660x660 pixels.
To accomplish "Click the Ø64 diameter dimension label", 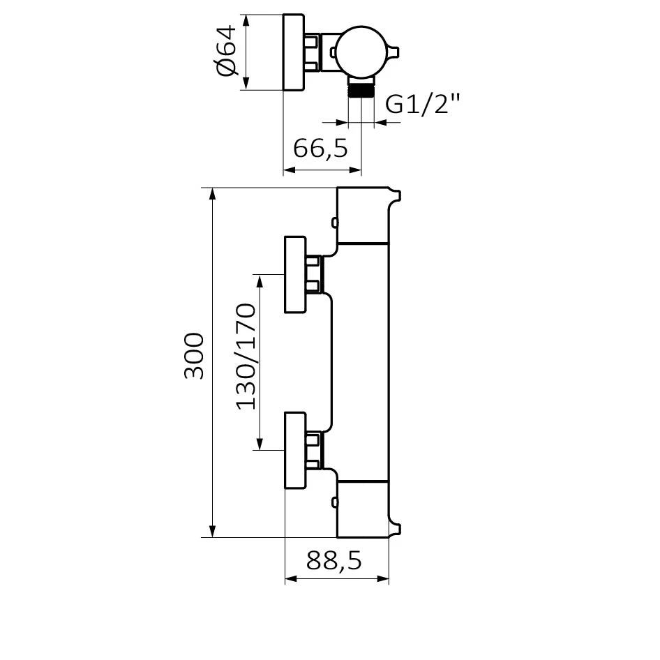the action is click(x=226, y=50).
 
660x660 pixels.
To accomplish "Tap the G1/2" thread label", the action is click(x=423, y=104).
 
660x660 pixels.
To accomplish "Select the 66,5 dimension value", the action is click(x=321, y=148).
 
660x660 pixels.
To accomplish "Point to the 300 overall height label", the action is click(x=194, y=356).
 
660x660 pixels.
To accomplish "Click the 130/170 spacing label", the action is click(x=246, y=356).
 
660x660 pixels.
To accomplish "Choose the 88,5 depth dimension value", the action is click(x=333, y=560).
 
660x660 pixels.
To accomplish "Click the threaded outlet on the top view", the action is click(x=361, y=90).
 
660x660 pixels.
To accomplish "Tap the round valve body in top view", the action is click(x=361, y=52).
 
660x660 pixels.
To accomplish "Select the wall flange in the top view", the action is click(x=294, y=52).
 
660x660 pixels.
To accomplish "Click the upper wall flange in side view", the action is click(x=295, y=274).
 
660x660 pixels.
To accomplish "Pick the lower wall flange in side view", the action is click(x=295, y=451).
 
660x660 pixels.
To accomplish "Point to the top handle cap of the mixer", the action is click(x=363, y=215).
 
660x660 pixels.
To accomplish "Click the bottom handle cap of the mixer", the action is click(x=363, y=509).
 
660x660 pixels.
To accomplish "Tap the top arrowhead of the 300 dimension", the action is click(x=213, y=194).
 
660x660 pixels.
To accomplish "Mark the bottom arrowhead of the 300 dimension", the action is click(x=213, y=531).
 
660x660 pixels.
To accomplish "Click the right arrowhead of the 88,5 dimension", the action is click(x=382, y=579).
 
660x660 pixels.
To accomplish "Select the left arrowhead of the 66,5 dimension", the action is click(x=290, y=170).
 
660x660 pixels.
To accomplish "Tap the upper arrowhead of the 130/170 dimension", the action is click(x=260, y=281).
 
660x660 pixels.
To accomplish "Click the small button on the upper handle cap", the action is click(x=334, y=223).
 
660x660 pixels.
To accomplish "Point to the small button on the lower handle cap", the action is click(x=334, y=502).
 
